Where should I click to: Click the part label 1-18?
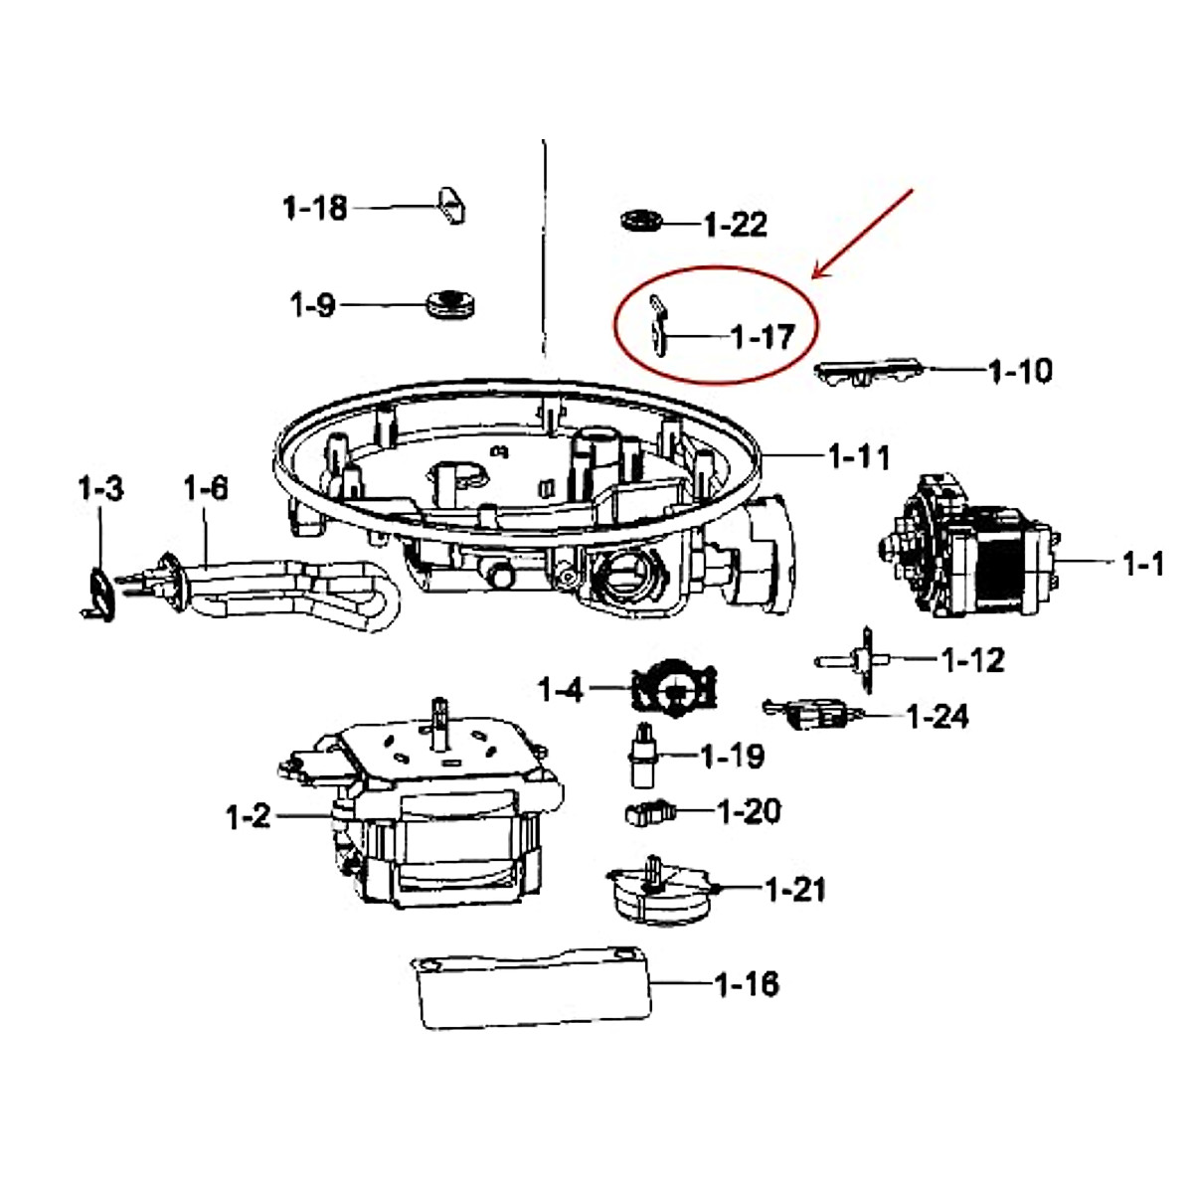click(314, 208)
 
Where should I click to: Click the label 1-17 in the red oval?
click(763, 337)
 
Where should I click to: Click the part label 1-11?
click(859, 457)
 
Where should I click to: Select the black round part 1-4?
click(675, 687)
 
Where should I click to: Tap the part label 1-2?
click(248, 816)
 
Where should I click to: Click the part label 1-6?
click(205, 488)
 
